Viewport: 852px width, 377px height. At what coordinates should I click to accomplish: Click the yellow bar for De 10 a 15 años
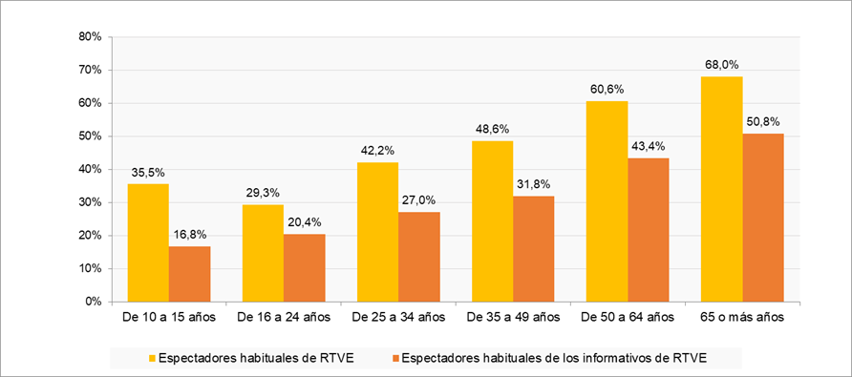click(148, 242)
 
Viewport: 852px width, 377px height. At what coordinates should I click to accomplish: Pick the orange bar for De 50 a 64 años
click(648, 229)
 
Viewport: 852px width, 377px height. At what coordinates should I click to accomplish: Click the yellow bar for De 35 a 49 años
click(492, 220)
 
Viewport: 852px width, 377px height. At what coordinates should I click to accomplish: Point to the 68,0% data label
click(721, 65)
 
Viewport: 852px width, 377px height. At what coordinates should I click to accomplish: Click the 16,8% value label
click(189, 234)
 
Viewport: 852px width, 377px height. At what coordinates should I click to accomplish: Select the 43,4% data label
click(649, 146)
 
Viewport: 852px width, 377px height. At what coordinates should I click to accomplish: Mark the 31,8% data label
click(533, 184)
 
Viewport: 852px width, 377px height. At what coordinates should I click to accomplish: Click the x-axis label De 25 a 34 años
click(397, 316)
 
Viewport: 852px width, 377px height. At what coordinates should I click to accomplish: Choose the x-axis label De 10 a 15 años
click(169, 316)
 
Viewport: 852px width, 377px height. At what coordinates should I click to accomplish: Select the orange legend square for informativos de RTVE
click(394, 359)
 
